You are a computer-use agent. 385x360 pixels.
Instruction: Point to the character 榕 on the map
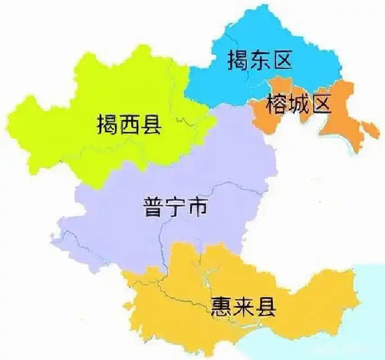[x=276, y=104]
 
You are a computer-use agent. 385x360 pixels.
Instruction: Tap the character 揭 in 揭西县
[x=107, y=124]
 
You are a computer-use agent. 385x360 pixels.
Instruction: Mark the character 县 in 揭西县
[x=151, y=124]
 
